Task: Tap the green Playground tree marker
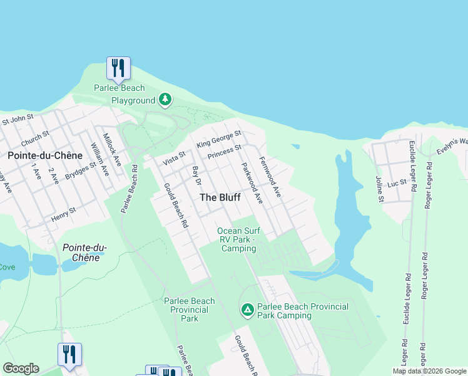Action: tap(165, 100)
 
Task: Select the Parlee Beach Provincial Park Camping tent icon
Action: tap(247, 310)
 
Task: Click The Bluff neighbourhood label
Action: tap(220, 197)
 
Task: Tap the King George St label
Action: tap(218, 139)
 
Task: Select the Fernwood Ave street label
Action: tap(270, 177)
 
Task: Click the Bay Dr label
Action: tap(196, 176)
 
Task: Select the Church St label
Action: tap(35, 137)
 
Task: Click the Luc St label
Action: tap(397, 183)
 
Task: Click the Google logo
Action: tap(21, 368)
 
